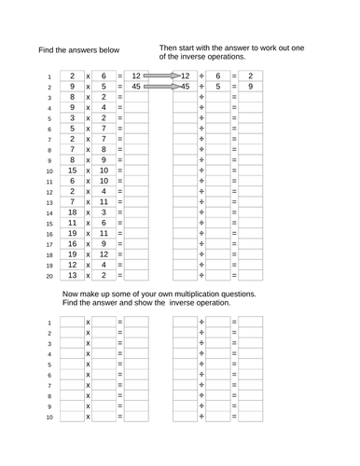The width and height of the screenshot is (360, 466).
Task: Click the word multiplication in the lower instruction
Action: pos(195,294)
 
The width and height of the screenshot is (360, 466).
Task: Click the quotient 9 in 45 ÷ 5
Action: pos(251,87)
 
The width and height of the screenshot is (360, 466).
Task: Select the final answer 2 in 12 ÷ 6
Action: pos(251,75)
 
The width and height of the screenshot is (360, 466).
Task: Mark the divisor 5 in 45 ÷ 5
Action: pos(217,87)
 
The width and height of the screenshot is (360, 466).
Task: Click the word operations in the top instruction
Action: pos(242,56)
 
